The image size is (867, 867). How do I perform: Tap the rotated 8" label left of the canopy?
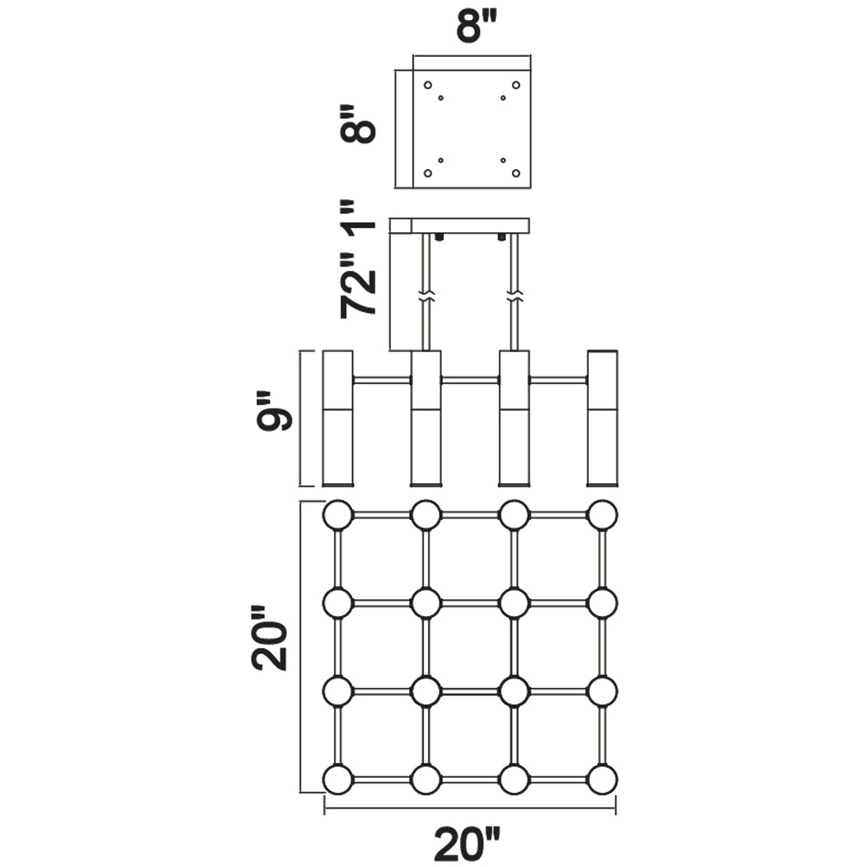click(359, 123)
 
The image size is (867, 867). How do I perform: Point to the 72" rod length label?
click(359, 286)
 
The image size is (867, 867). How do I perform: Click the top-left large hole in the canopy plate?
click(428, 85)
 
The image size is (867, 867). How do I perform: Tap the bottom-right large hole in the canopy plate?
click(516, 173)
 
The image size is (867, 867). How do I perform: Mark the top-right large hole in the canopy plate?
click(516, 85)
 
